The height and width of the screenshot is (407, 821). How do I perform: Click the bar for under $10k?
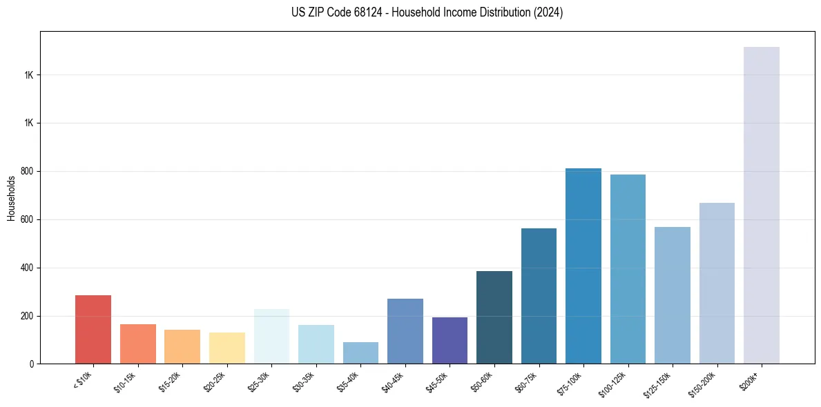pos(93,330)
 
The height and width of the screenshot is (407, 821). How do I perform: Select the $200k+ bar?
pos(761,206)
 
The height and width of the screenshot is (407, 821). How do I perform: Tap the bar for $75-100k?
pos(583,266)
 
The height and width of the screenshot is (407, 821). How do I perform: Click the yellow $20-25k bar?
pos(227,348)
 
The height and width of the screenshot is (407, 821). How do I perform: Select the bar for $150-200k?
pos(717,284)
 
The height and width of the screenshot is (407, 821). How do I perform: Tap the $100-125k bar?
pos(628,269)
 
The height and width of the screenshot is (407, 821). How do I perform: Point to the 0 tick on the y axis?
pos(32,364)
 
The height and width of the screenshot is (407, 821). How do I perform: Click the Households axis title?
pos(11,198)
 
